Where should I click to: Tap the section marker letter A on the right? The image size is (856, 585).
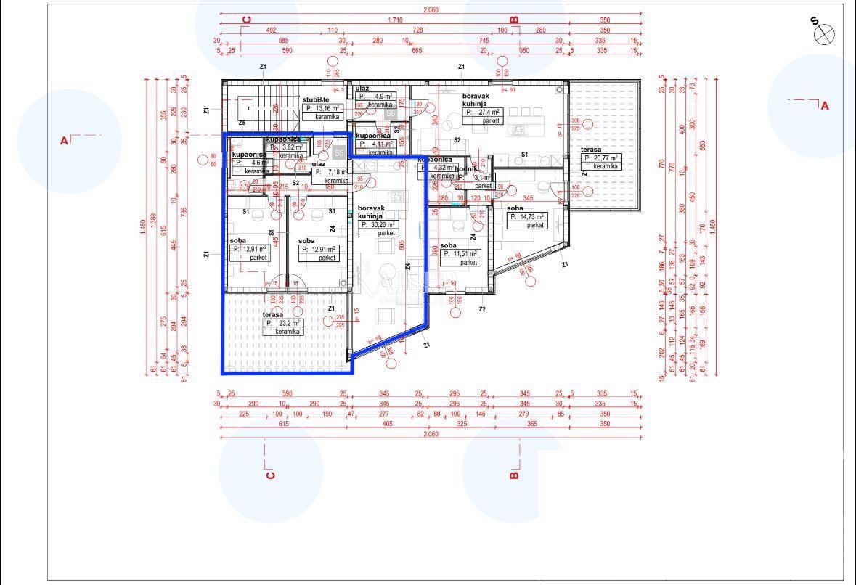[x=825, y=106]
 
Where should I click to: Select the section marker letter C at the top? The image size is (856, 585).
[x=246, y=20]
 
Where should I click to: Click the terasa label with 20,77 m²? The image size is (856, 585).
[x=590, y=150]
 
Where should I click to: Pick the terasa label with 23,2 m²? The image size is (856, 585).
[x=273, y=315]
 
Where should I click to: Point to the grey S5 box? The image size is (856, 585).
[x=338, y=153]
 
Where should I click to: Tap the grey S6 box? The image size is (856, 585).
[x=390, y=113]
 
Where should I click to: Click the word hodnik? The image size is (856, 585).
[x=465, y=168]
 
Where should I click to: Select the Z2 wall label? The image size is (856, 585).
[x=481, y=309]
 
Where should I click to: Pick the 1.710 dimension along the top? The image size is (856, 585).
[x=396, y=20]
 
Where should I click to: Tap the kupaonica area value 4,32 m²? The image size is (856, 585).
[x=441, y=168]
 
